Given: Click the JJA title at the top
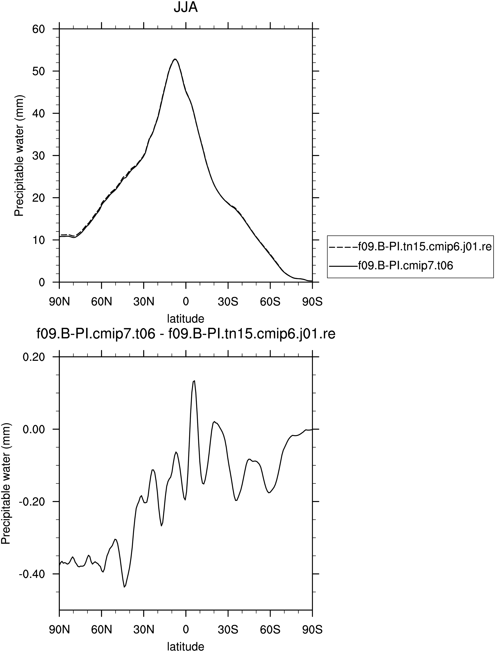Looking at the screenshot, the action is (x=186, y=8).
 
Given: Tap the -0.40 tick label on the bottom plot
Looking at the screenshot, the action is (x=32, y=574).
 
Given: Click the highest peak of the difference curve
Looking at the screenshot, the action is (x=194, y=381).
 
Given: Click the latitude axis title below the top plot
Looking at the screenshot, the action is (x=186, y=318).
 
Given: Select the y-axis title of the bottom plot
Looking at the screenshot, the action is (x=6, y=483).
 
